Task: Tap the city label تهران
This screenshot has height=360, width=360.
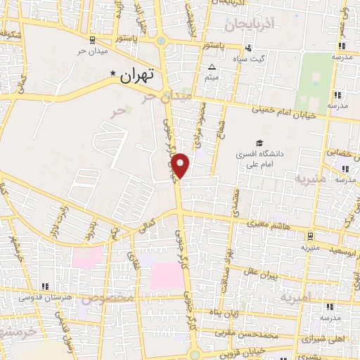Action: (x=136, y=76)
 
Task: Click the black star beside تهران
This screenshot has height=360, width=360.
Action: (x=112, y=72)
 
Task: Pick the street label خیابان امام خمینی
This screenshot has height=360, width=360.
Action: (x=283, y=110)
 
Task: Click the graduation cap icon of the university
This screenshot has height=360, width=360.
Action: (x=260, y=143)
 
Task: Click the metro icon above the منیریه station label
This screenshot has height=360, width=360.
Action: (x=310, y=237)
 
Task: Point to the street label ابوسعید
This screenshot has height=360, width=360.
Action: (x=344, y=250)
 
